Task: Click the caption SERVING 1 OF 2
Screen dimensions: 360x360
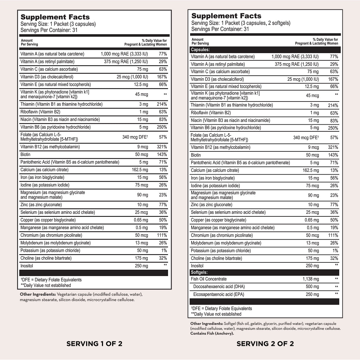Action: click(x=94, y=344)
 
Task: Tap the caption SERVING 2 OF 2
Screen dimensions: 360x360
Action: click(x=265, y=344)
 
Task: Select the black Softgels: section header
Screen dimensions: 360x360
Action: click(x=199, y=272)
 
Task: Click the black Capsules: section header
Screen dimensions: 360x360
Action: click(x=200, y=50)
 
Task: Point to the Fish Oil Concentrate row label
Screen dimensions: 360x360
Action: click(x=209, y=279)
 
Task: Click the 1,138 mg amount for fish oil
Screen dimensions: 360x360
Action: click(x=311, y=279)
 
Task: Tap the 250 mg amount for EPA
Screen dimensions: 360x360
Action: click(x=312, y=294)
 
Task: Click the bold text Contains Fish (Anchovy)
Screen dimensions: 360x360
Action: click(x=212, y=333)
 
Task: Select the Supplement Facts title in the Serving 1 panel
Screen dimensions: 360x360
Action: click(x=55, y=17)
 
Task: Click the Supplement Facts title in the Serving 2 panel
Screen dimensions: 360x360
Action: click(x=226, y=16)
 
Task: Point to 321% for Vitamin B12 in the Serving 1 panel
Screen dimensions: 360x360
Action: click(x=161, y=147)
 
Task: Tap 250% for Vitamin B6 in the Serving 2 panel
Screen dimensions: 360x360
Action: click(x=333, y=128)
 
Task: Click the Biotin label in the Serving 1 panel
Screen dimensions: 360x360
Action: click(x=25, y=155)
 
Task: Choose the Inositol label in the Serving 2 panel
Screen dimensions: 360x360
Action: click(x=197, y=266)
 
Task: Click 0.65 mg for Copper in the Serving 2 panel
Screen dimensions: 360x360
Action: click(x=311, y=220)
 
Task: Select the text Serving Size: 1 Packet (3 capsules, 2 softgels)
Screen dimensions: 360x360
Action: click(x=241, y=23)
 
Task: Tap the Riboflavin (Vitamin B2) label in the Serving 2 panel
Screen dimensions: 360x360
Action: click(x=211, y=113)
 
